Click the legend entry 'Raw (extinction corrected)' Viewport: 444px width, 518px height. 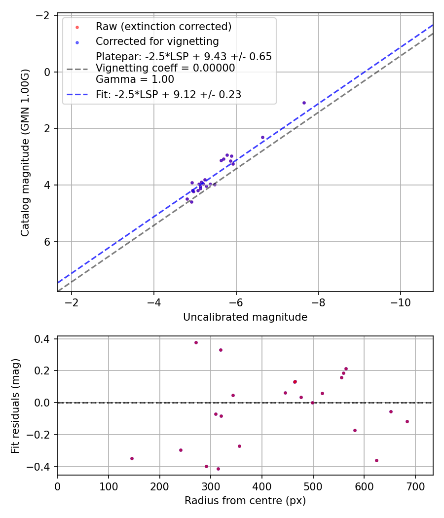163,27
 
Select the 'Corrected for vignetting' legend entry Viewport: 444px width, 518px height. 157,41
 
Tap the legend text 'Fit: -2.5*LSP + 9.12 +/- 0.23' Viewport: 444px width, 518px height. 168,95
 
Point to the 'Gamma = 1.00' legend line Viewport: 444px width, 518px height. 135,79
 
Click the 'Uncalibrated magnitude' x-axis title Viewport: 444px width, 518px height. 245,317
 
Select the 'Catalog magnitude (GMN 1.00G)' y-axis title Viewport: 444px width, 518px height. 25,153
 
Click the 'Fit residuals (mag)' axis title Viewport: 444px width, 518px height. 15,406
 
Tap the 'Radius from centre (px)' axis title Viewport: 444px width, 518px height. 245,501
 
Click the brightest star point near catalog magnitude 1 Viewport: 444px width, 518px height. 304,103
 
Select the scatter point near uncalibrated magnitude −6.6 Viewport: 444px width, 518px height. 262,137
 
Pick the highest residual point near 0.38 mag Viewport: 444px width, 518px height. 196,342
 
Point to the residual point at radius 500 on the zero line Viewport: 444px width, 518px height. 312,403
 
